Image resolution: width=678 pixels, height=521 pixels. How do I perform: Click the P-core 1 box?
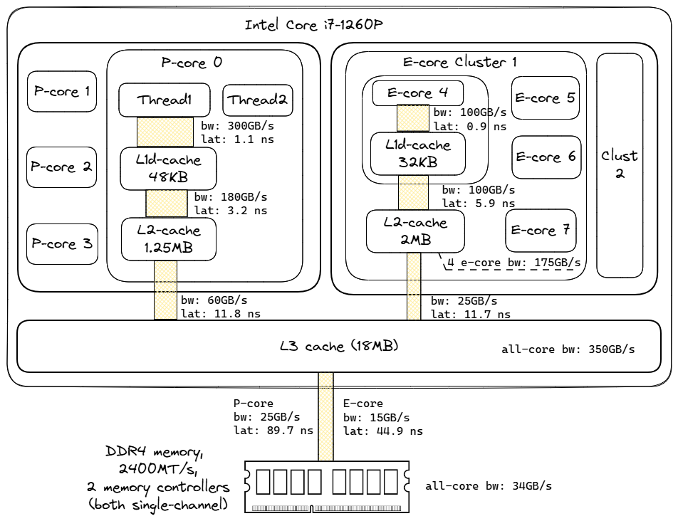[61, 92]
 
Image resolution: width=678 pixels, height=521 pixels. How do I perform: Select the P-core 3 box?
[61, 244]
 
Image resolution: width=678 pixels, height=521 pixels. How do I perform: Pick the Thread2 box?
[258, 100]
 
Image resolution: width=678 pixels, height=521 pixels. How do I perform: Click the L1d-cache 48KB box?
[168, 169]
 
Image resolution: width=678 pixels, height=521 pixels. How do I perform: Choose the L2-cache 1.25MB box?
[168, 239]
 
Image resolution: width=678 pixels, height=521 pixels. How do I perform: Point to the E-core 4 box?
[413, 93]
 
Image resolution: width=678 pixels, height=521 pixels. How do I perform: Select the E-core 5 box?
[546, 98]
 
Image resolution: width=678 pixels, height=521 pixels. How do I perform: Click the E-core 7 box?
[541, 231]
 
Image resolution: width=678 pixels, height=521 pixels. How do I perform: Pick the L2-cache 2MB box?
[415, 231]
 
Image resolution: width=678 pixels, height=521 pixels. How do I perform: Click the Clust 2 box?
[620, 165]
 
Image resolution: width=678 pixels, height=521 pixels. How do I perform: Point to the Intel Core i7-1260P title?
[315, 26]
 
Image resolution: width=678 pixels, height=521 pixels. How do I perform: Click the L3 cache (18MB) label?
[339, 347]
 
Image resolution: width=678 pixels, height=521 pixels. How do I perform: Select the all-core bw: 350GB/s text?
[568, 350]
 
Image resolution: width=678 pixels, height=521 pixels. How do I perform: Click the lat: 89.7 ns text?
[273, 431]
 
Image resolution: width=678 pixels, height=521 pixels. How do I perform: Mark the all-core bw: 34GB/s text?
[489, 487]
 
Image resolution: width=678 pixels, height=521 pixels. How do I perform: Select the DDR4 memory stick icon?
[328, 486]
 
